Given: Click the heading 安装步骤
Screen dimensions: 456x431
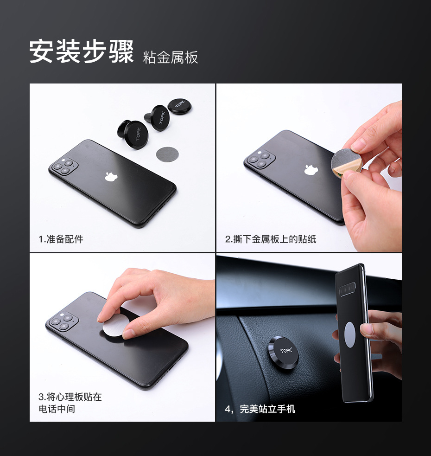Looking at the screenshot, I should coord(82,51).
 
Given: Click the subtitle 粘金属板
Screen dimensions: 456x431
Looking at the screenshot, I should coord(171,57).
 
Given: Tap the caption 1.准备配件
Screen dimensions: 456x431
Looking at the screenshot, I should coord(61,239).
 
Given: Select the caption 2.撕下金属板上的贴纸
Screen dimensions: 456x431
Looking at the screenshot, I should coord(271,239).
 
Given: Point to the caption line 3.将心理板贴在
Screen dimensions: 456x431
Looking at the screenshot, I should coord(70,397).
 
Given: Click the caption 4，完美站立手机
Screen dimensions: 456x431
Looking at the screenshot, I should coord(260,409).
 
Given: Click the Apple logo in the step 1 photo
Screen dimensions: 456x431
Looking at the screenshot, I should coord(110,176).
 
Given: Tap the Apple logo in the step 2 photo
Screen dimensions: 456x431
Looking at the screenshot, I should coord(311,169).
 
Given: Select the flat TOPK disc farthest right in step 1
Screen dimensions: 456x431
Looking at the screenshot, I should coord(179,106).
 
